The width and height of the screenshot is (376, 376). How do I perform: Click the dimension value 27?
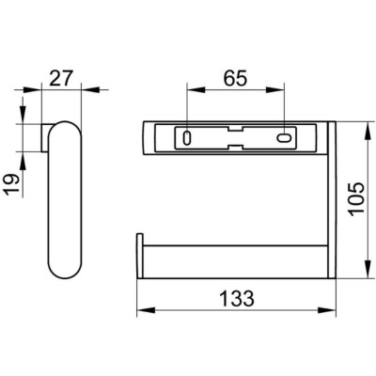click(61, 78)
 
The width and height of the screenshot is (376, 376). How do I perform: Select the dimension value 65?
click(236, 78)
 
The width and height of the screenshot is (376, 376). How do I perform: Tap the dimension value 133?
click(237, 299)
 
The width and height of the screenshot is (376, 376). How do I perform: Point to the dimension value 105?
click(357, 198)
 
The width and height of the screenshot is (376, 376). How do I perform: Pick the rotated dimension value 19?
click(13, 185)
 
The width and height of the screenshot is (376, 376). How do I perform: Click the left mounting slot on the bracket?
click(187, 138)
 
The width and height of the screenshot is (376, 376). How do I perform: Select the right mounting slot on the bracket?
click(284, 138)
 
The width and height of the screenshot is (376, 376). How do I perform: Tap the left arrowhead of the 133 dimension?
click(147, 310)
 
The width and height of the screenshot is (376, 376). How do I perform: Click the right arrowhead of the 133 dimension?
click(327, 310)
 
